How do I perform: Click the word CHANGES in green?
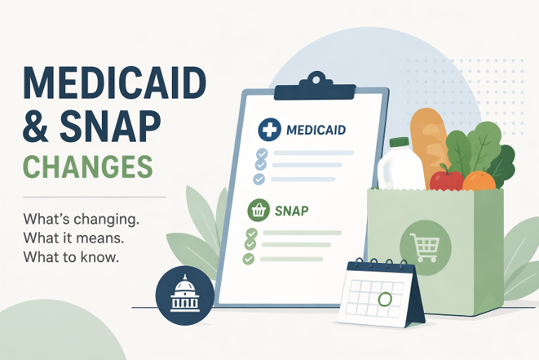87,167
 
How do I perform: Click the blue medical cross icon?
269,130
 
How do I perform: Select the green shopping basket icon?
258,210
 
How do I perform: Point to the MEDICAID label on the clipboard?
316,130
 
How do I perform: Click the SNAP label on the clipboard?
291,211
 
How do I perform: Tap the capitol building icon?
185,296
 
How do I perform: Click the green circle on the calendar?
385,299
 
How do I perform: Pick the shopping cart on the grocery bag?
425,247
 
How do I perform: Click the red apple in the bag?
446,179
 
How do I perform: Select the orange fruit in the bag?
479,181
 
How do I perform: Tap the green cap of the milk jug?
399,142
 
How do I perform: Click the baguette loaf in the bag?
429,144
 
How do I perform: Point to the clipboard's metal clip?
315,87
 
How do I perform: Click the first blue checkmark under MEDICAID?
262,153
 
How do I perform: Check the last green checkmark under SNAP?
248,259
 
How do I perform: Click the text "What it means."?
73,238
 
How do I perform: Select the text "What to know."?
71,257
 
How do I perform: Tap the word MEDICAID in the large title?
114,83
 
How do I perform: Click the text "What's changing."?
82,220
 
